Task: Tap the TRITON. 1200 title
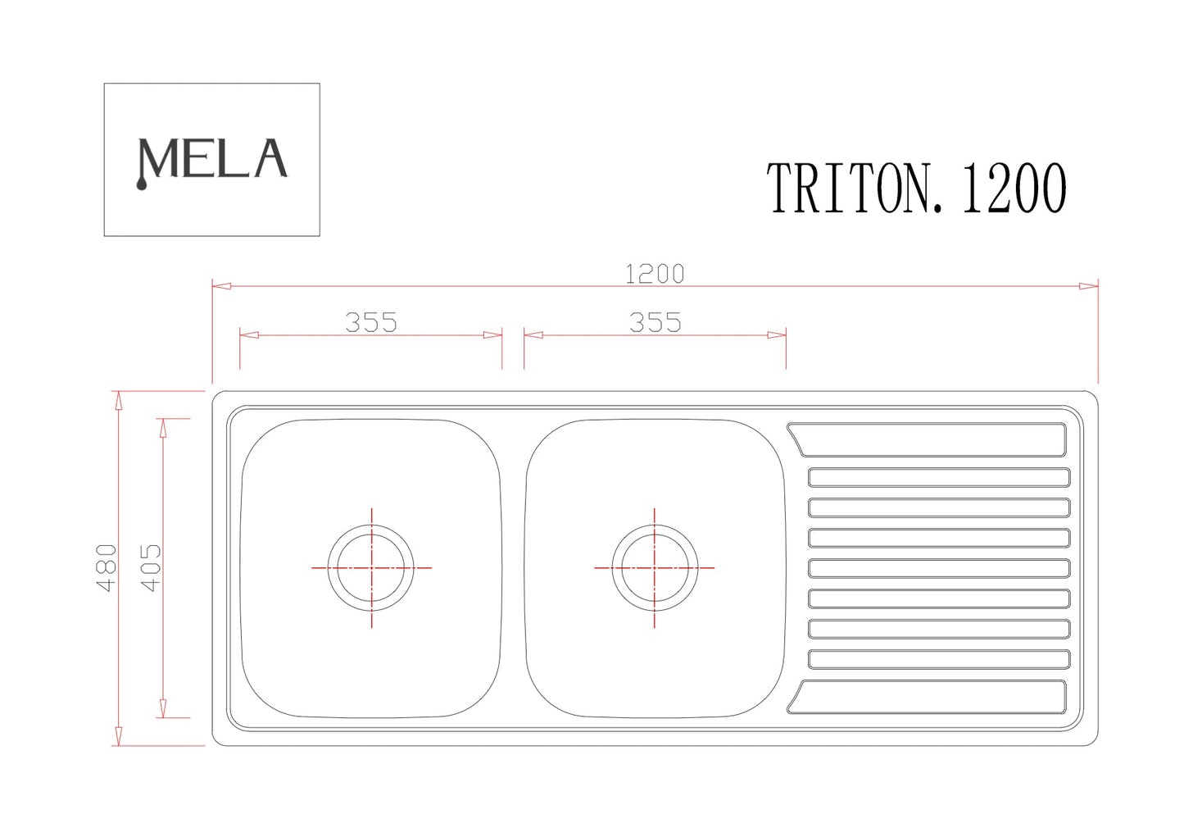[916, 188]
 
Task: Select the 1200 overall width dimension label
[655, 274]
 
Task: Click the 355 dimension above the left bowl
[371, 322]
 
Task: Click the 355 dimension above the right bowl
[655, 322]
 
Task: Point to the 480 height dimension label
[107, 567]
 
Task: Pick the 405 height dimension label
[151, 567]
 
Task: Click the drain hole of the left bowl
[370, 568]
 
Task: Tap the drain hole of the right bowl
[655, 568]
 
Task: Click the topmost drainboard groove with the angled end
[927, 439]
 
